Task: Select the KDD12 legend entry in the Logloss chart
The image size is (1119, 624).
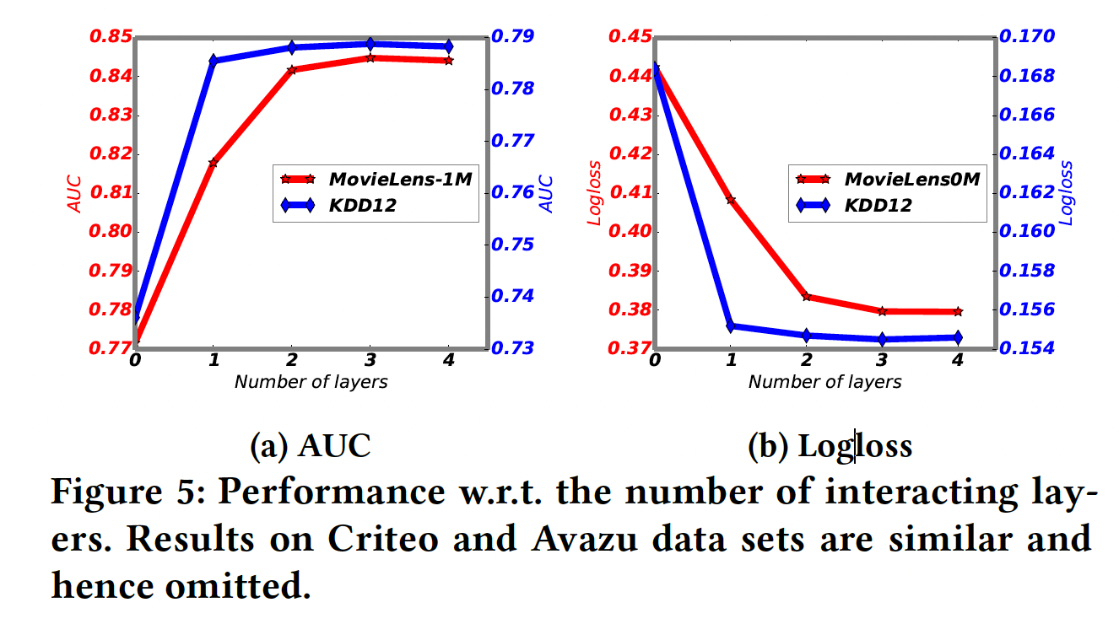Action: (877, 205)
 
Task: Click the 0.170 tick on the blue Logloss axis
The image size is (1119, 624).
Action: (1027, 37)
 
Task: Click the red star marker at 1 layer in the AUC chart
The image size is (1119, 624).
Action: (213, 162)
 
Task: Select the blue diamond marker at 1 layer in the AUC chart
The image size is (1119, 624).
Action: (213, 60)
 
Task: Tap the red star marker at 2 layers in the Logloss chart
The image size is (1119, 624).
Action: (807, 297)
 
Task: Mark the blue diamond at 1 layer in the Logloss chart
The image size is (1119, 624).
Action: (731, 326)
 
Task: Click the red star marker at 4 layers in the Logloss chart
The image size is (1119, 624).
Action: (958, 312)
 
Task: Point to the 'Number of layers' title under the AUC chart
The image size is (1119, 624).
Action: (311, 382)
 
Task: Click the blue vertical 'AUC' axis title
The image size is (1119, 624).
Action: (545, 193)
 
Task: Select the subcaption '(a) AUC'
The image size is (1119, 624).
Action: (311, 445)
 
